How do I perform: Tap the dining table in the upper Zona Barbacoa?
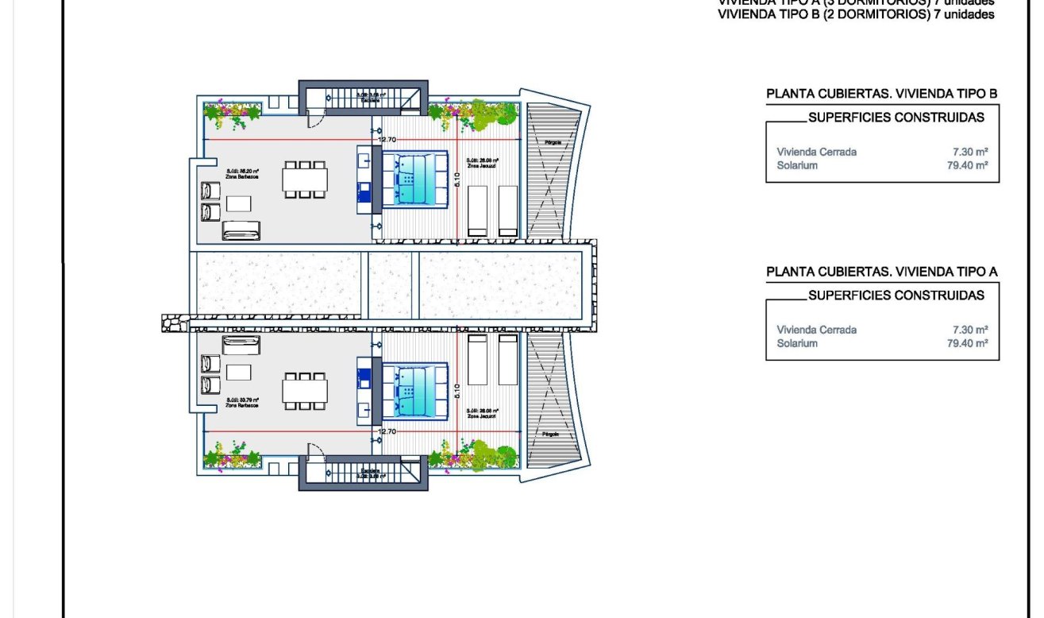point(305,180)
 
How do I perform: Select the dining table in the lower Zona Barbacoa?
point(305,390)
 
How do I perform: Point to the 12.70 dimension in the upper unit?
point(387,140)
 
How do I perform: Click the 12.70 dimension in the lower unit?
point(387,431)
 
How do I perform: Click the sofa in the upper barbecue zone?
point(241,230)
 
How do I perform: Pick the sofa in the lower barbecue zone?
point(241,345)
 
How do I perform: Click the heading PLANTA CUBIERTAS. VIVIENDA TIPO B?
point(881,94)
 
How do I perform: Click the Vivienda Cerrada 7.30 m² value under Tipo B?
point(971,152)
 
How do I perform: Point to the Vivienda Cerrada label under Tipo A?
point(816,330)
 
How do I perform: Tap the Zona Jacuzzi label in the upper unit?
point(483,164)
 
